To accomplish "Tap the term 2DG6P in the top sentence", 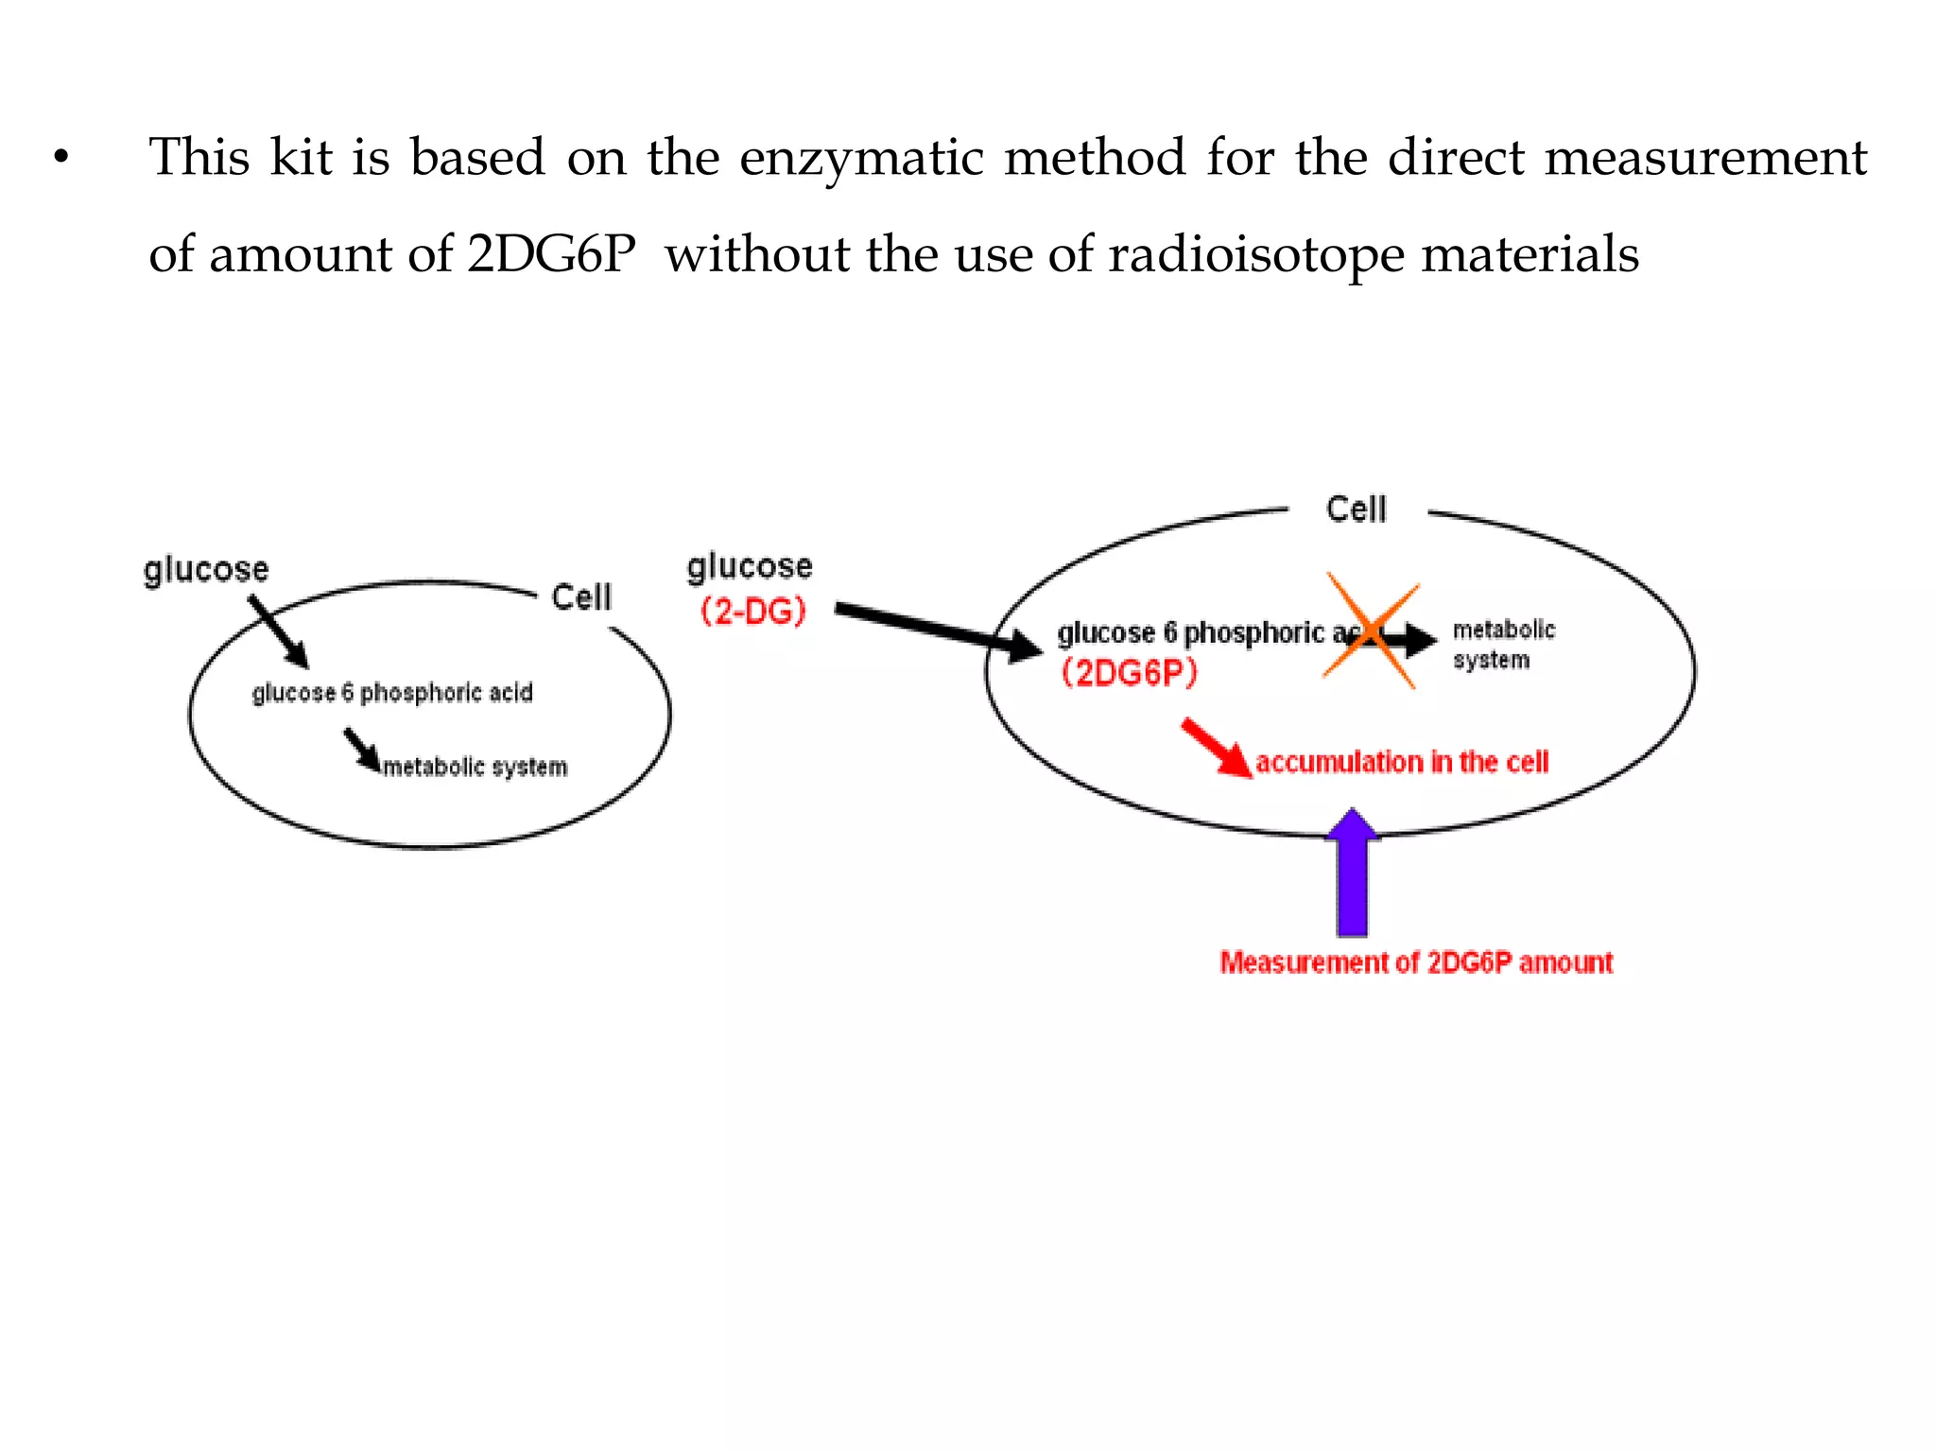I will [x=551, y=254].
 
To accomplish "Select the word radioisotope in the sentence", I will [x=1256, y=255].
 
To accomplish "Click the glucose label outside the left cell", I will [x=206, y=570].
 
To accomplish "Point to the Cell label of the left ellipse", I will [x=581, y=597].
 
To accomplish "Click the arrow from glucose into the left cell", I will [x=279, y=631].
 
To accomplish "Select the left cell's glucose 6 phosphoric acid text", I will [x=392, y=693].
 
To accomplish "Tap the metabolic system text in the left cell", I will [x=475, y=767].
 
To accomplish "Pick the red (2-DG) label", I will [x=753, y=612].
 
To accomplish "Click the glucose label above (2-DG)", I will [x=750, y=566].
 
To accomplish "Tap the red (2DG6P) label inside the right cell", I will [x=1129, y=673].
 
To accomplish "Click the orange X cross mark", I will [x=1371, y=631].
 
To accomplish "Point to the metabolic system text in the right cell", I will [x=1502, y=645].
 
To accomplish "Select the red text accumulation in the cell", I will [x=1401, y=762].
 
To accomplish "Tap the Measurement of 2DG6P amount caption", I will [x=1415, y=962].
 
